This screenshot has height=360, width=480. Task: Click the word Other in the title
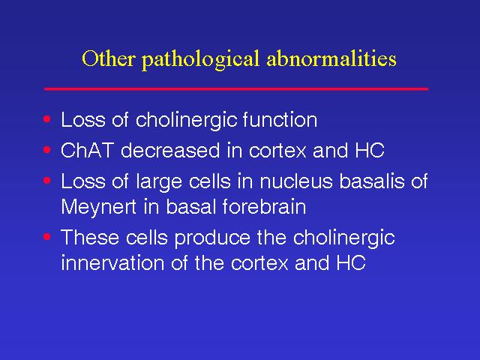click(x=108, y=58)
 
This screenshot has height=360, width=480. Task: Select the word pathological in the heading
click(x=200, y=60)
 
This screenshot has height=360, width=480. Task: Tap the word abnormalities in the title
click(x=331, y=58)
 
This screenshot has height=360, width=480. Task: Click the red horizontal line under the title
click(x=236, y=88)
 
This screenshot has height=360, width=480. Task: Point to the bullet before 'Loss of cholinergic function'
click(x=47, y=118)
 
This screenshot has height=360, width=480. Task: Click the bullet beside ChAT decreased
click(x=47, y=150)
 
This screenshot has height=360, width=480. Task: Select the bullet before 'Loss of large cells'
click(x=47, y=181)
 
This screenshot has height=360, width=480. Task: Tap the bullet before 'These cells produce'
click(x=47, y=237)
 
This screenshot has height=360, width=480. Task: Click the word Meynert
click(x=98, y=208)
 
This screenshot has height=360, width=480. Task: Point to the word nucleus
click(x=296, y=181)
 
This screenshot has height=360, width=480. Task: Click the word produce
click(x=212, y=238)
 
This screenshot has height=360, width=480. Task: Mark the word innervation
click(x=112, y=262)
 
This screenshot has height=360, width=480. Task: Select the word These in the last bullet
click(x=90, y=237)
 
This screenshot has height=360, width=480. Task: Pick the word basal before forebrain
click(x=189, y=206)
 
